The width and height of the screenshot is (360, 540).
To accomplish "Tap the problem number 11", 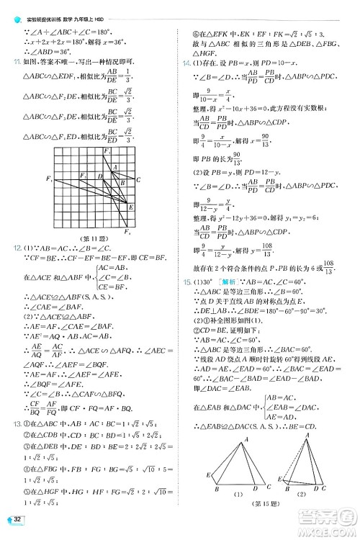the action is (x=9, y=62).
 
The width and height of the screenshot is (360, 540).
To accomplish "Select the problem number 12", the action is (x=9, y=248).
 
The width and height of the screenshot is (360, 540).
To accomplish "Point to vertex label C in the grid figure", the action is (x=138, y=179).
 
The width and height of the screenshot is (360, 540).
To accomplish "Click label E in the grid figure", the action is (x=130, y=207).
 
